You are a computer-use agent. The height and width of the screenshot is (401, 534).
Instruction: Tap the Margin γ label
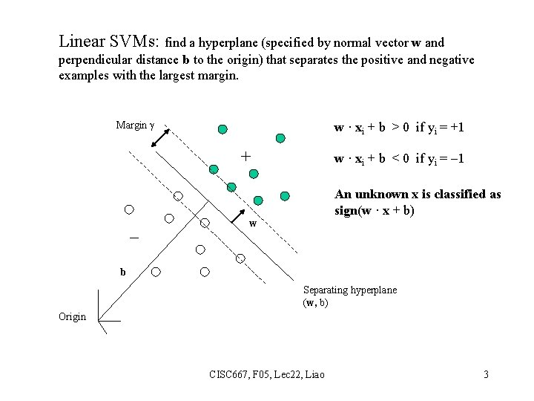(x=134, y=125)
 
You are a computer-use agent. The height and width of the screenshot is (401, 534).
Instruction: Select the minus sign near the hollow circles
(x=134, y=238)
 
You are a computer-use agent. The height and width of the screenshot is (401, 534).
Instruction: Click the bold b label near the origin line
(x=123, y=272)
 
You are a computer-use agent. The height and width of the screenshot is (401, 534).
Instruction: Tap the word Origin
(x=73, y=316)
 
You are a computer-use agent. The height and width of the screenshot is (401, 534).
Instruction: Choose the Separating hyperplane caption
(x=350, y=290)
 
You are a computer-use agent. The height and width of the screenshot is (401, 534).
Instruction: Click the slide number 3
(x=486, y=374)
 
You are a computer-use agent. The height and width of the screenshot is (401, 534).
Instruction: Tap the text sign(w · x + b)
(x=375, y=210)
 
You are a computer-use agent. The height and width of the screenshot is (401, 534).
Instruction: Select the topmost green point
(x=222, y=129)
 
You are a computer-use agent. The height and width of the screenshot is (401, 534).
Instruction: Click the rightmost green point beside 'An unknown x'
(x=285, y=195)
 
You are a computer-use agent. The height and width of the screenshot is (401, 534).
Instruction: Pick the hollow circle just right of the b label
(x=156, y=272)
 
